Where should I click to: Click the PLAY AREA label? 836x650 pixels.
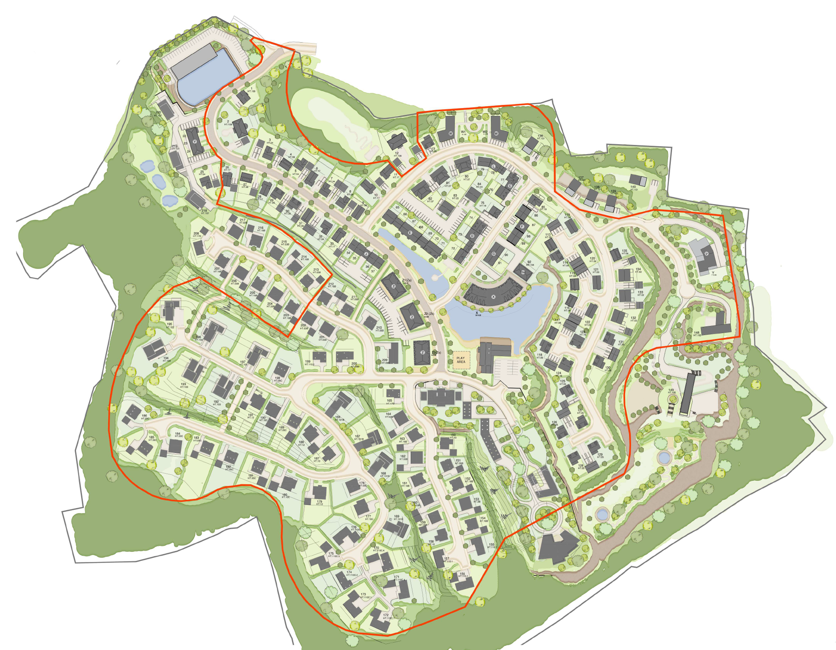point(460,360)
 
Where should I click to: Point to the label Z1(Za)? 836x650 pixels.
point(407,280)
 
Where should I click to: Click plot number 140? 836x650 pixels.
point(633,187)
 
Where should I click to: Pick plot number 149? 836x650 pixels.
point(671,390)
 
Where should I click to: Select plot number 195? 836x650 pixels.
point(169,324)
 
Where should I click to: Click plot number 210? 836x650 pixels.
point(379,328)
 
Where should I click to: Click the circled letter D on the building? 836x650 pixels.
point(472,236)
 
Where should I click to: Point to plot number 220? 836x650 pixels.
point(158,112)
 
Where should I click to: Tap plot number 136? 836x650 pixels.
point(540,136)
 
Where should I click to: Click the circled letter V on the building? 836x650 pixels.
point(707,253)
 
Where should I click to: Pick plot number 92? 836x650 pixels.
point(529,262)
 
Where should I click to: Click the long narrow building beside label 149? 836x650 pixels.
point(686,394)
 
